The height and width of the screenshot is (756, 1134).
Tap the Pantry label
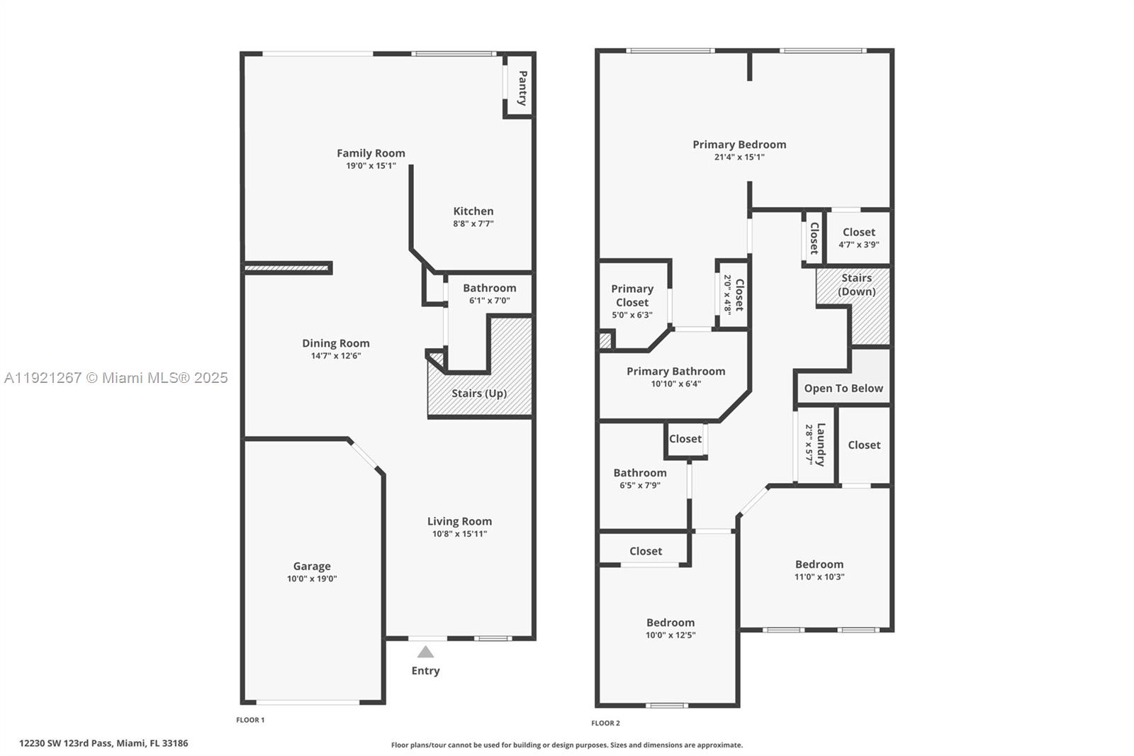522,88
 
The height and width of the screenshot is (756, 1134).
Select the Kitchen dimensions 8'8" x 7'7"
473,223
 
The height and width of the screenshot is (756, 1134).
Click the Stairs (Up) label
479,394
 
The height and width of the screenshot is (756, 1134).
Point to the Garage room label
312,566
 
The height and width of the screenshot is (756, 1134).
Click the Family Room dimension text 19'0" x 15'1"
371,166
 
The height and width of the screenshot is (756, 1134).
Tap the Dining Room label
336,343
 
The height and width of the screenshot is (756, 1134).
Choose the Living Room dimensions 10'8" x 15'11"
459,534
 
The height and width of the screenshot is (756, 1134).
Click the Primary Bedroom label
739,145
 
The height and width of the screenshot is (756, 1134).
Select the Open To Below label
843,389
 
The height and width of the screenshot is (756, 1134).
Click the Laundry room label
821,445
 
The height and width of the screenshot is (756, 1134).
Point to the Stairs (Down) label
856,284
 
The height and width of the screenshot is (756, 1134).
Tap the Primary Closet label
632,295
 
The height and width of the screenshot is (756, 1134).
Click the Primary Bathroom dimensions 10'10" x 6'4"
675,384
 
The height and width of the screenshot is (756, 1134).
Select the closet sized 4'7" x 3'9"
858,238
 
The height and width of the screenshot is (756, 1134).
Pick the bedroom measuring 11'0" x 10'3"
819,570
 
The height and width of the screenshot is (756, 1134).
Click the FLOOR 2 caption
605,723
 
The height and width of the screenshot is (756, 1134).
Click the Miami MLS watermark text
116,378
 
